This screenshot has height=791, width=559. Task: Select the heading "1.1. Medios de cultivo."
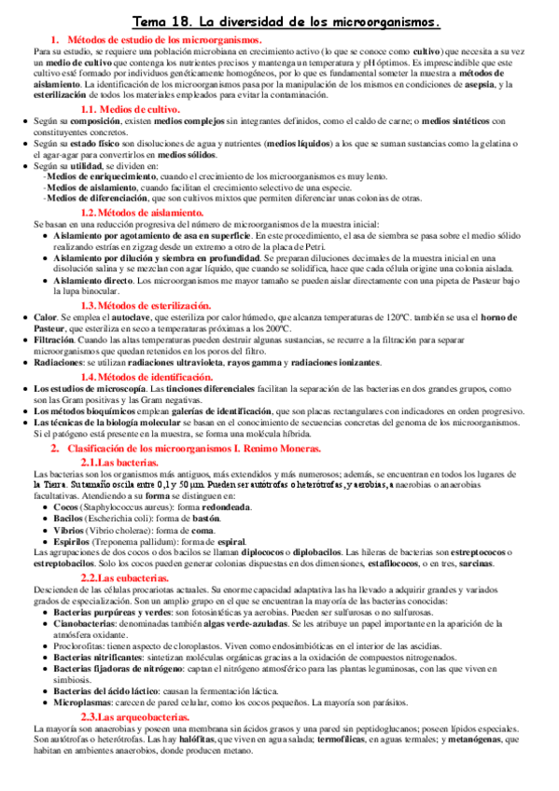pos(140,109)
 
